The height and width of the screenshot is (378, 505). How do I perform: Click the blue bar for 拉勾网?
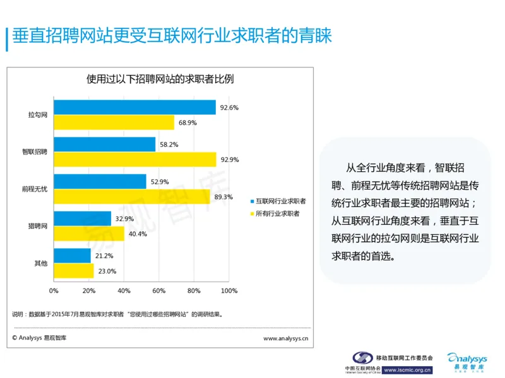coord(134,108)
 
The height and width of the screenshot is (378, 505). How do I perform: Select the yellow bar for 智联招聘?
coord(134,159)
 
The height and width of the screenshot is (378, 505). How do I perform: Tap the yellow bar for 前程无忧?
coord(131,197)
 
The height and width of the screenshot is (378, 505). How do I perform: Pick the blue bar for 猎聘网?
coord(82,219)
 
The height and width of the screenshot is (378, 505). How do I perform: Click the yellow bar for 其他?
coord(74,271)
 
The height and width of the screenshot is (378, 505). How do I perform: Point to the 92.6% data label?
coord(229,108)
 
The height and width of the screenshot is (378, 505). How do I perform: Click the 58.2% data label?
coord(169,144)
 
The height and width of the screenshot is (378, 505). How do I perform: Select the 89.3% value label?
coord(223,197)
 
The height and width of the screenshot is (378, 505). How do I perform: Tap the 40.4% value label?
coord(138,234)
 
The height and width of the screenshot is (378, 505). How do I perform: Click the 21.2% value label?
coord(104,256)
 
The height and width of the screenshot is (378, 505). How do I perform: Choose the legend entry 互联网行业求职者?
coord(280,201)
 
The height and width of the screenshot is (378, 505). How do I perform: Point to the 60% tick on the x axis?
coord(158,290)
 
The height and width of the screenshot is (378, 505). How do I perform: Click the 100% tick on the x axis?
coord(229,290)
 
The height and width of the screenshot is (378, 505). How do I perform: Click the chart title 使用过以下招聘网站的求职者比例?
coord(160,79)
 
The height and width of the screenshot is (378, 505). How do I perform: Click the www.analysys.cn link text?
coord(285,338)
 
